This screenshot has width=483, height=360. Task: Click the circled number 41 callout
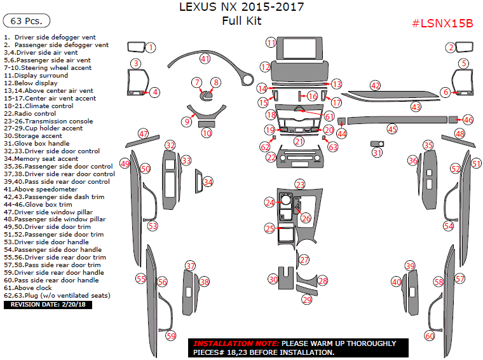[x=205, y=59]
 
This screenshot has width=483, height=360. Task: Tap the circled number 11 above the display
[x=271, y=43]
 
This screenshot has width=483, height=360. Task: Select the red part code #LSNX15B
[x=442, y=24]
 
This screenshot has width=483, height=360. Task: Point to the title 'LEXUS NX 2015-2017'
[x=241, y=8]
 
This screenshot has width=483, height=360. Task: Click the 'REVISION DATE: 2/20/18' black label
[x=48, y=305]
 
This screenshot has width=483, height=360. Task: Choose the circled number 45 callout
[x=392, y=129]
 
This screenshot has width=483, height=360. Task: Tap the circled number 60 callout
[x=430, y=336]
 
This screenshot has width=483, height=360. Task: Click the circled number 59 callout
[x=171, y=335]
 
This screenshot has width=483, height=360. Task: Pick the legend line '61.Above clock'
[x=29, y=287]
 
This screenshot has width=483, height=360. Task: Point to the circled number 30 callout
[x=273, y=279]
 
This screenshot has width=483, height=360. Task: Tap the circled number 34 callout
[x=208, y=182]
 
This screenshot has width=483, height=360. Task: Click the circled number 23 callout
[x=300, y=184]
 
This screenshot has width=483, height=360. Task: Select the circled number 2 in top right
[x=451, y=47]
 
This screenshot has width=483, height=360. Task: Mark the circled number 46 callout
[x=468, y=120]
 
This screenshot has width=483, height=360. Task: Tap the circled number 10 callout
[x=207, y=133]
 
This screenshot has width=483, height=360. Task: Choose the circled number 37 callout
[x=190, y=266]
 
